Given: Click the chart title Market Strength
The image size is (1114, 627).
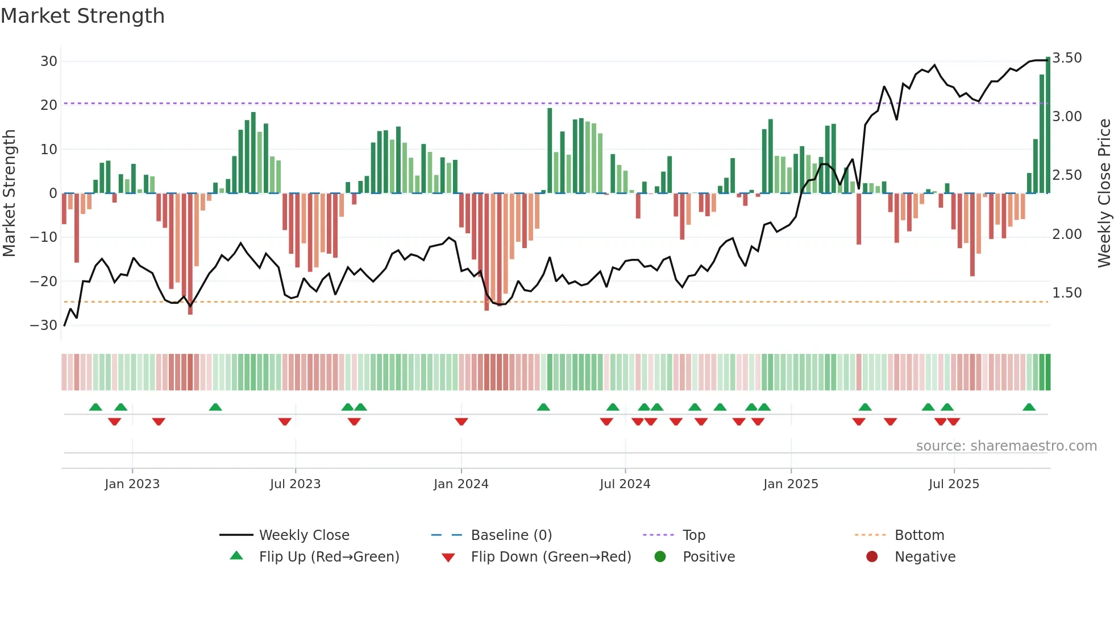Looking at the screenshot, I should coord(82,16).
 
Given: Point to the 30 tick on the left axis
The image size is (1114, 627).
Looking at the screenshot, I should coord(49,61).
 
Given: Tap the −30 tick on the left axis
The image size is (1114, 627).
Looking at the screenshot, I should coord(44,325).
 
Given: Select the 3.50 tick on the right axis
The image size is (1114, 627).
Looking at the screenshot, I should coord(1067,58).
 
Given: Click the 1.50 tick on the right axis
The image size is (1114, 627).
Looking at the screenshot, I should coord(1067,293).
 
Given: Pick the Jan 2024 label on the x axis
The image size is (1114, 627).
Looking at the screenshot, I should coord(461,484).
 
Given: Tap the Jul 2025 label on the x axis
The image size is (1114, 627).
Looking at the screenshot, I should coord(954,484).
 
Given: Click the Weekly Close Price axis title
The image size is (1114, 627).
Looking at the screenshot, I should coord(1104,193).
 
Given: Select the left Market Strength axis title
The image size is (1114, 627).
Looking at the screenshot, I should coord(9,193).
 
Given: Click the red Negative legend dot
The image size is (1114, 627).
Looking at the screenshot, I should coord(872,556).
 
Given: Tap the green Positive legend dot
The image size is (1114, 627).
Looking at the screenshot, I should coord(660,556).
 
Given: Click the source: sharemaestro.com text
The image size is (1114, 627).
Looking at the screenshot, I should coord(1006,446).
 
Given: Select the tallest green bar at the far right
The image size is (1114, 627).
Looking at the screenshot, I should coord(1048,125).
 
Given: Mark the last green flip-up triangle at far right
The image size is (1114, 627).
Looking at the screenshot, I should coord(1029,407).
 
